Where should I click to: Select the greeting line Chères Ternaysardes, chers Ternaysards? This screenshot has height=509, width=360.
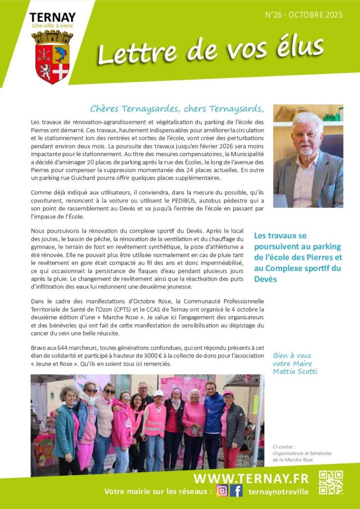click(x=176, y=109)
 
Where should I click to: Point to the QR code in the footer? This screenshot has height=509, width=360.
click(x=331, y=483)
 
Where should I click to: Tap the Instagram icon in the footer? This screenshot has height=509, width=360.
click(x=222, y=491)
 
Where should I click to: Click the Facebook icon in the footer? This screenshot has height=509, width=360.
click(x=236, y=491)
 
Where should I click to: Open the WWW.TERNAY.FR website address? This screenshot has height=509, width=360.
click(x=251, y=478)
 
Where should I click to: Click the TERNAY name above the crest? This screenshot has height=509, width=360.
click(x=52, y=17)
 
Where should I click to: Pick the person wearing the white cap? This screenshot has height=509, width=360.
click(x=157, y=418)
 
